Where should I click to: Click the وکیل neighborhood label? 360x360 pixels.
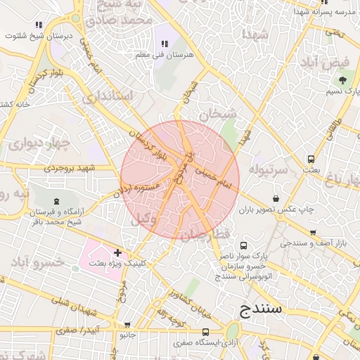pos(145,219)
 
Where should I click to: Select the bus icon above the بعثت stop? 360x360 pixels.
pos(311,158)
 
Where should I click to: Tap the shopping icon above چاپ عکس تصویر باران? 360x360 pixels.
pos(274,197)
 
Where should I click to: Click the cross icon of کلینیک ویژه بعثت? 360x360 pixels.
pos(117,252)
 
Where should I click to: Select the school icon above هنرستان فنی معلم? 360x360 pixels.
pos(165,44)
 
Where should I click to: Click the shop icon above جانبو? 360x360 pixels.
pos(127,325)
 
